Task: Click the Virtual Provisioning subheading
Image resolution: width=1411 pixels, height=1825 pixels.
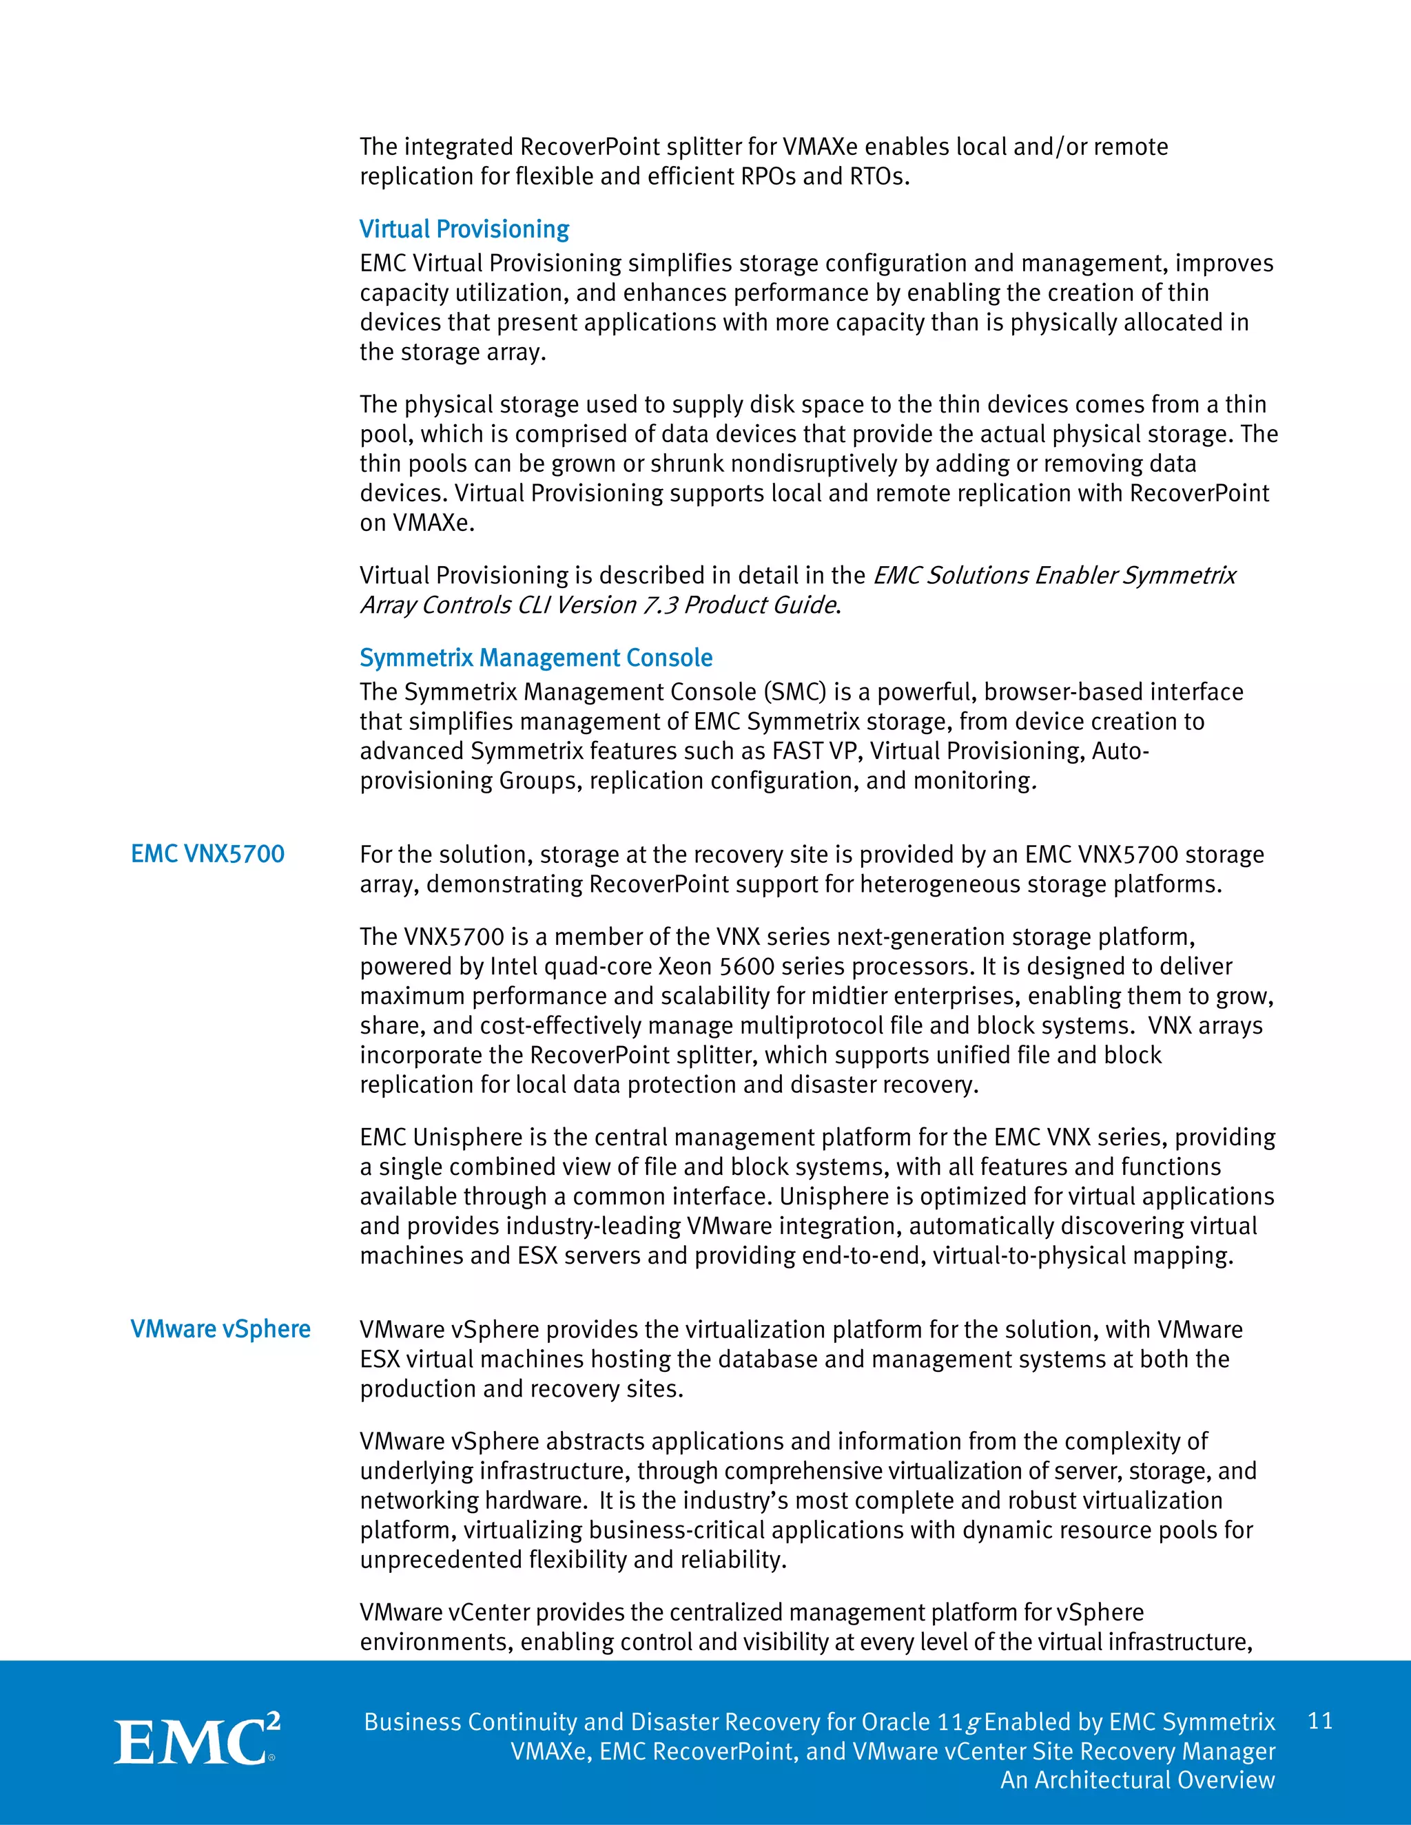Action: (464, 229)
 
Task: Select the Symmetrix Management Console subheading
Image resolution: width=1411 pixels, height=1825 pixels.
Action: (536, 658)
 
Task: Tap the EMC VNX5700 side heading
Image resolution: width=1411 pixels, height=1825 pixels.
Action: (207, 854)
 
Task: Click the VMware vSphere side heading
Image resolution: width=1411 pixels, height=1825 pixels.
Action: (220, 1328)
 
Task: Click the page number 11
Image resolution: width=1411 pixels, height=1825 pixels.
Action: (1320, 1720)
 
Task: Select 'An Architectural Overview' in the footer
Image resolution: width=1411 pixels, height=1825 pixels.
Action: (1137, 1780)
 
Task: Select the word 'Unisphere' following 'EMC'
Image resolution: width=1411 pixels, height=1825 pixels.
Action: (479, 1137)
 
